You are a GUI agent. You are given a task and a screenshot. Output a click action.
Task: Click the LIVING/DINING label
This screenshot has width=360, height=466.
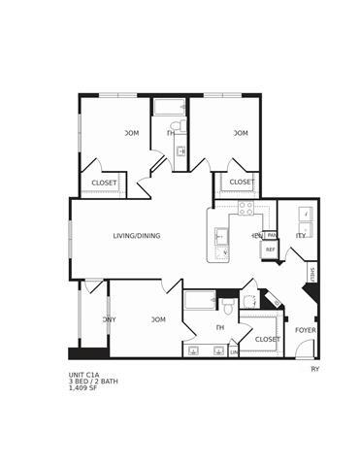click(x=137, y=236)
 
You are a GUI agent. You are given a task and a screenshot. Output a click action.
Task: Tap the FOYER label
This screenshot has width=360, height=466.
click(x=305, y=330)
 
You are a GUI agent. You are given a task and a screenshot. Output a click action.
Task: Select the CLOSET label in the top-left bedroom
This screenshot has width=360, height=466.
click(x=104, y=183)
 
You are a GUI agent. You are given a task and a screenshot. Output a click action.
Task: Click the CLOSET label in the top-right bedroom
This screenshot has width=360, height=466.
click(x=242, y=182)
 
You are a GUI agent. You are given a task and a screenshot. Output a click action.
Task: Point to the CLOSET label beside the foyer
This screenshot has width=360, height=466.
click(x=267, y=339)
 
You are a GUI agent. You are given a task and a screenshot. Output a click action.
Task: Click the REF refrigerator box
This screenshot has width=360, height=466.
click(x=271, y=250)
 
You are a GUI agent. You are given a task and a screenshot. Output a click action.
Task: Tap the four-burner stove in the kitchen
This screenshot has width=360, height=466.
click(x=246, y=207)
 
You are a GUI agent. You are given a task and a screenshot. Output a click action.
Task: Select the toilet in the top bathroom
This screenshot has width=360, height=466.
click(x=177, y=127)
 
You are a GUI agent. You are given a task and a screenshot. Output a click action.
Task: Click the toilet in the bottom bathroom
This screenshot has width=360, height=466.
click(x=229, y=309)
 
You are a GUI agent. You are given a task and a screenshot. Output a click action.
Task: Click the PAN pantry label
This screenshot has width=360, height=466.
click(x=273, y=235)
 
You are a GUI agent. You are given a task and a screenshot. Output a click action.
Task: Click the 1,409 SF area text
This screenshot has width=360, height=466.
click(x=85, y=389)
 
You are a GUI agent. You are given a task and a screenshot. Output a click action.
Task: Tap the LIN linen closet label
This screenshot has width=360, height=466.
click(x=234, y=351)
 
